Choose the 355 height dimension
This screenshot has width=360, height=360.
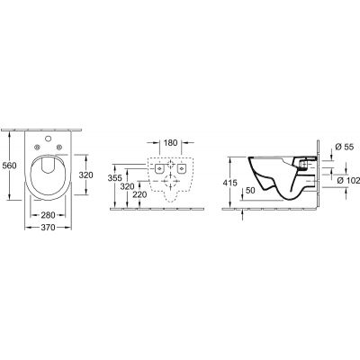pyautogui.click(x=113, y=178)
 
